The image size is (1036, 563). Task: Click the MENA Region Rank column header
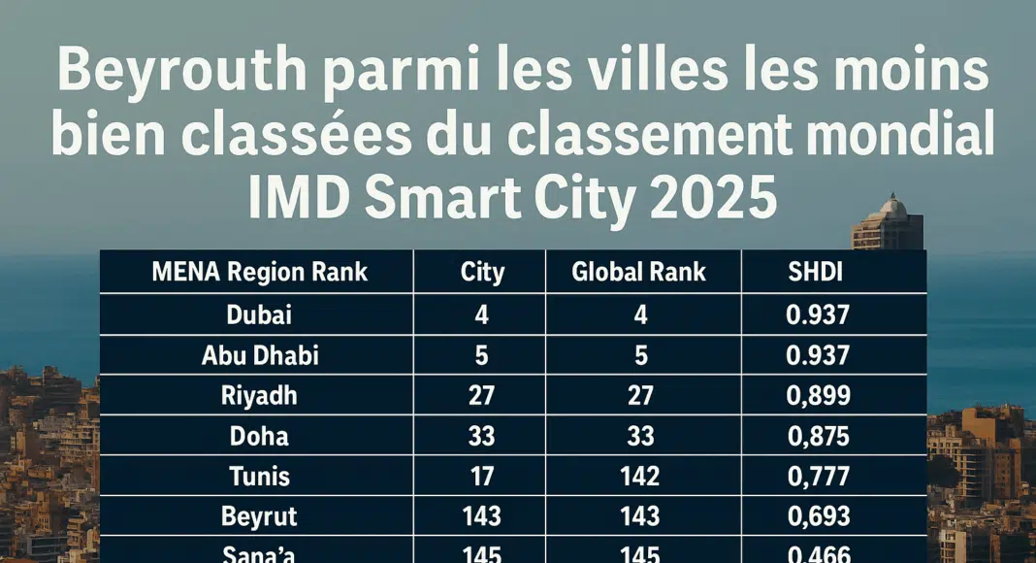pyautogui.click(x=259, y=272)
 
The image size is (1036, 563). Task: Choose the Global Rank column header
pyautogui.click(x=638, y=272)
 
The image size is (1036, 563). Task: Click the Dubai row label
pyautogui.click(x=259, y=314)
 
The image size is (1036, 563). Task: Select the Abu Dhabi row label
pyautogui.click(x=259, y=355)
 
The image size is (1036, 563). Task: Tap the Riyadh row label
pyautogui.click(x=259, y=395)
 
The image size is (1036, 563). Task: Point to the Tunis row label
pyautogui.click(x=259, y=475)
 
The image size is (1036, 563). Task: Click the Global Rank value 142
pyautogui.click(x=639, y=475)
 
